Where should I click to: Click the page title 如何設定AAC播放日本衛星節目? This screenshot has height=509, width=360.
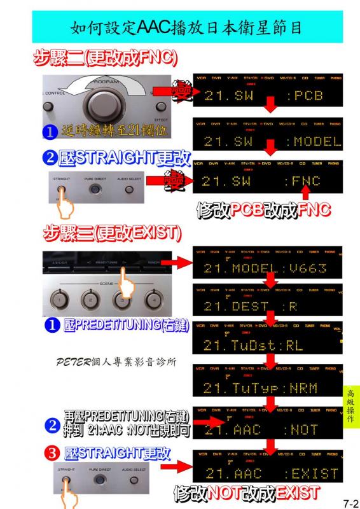[x=186, y=27]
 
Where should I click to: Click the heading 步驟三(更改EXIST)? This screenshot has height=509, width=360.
[x=112, y=233]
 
